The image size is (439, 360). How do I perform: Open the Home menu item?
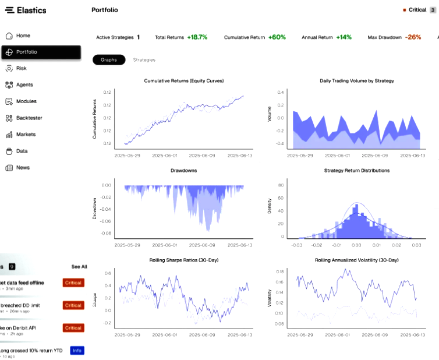pos(23,36)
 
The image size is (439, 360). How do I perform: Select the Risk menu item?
pos(21,68)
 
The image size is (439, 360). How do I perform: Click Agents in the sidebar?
pos(24,84)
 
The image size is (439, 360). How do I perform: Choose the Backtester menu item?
pos(29,118)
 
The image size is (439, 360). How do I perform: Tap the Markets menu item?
pos(26,134)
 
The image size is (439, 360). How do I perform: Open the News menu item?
pos(23,167)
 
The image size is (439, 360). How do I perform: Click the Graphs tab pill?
pos(108,59)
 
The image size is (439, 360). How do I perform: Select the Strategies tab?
pos(144,59)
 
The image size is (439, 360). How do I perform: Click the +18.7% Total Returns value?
pos(197,37)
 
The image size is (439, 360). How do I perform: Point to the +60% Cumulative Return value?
pos(277,37)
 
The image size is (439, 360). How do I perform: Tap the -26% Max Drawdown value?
pos(413,37)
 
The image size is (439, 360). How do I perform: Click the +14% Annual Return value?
pos(344,37)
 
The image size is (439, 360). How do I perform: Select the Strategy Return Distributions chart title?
pos(356,171)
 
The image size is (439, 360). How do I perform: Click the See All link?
pos(79,266)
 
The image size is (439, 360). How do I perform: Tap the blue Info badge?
pos(76,350)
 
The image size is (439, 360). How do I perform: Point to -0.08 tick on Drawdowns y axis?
pos(105,234)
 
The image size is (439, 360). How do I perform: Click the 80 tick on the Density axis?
pos(281,185)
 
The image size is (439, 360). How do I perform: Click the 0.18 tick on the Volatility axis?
pos(279,271)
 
